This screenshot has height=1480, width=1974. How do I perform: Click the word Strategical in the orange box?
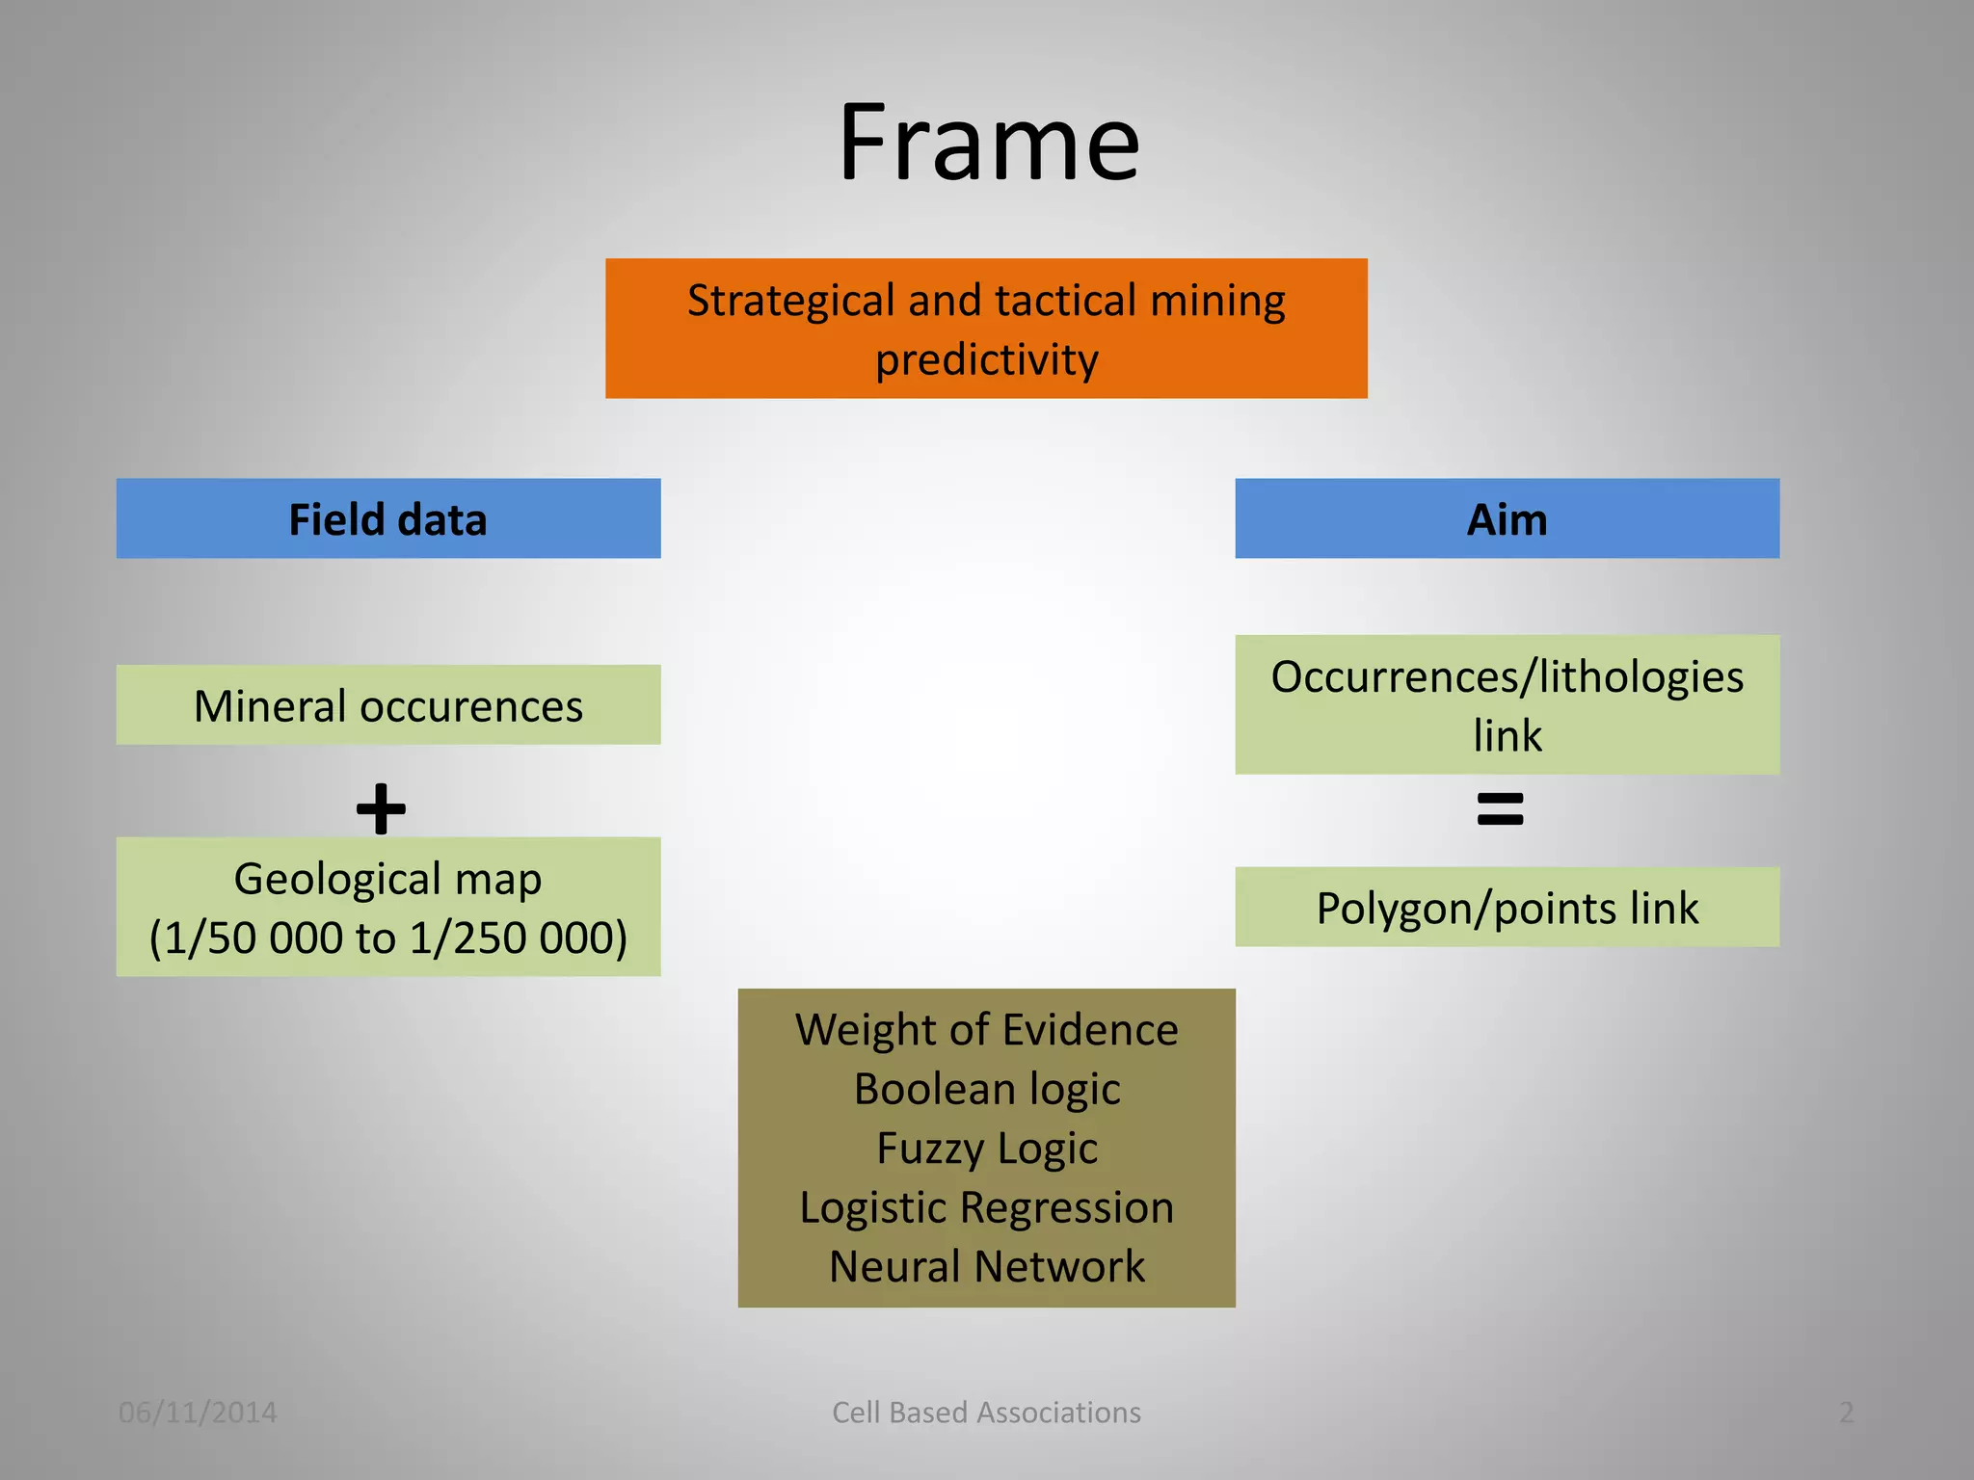click(x=791, y=301)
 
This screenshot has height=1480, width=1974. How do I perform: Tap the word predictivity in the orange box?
click(x=986, y=360)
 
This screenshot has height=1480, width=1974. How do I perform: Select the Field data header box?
click(x=388, y=518)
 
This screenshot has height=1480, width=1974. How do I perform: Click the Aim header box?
click(x=1507, y=518)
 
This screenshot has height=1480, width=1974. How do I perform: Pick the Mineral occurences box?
click(x=388, y=705)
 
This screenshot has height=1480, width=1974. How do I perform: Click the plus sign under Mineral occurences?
click(x=381, y=808)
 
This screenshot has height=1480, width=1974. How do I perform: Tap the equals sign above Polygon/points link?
click(x=1500, y=808)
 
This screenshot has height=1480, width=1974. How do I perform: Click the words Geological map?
click(x=387, y=879)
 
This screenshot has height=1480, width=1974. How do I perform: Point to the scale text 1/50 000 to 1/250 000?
click(x=387, y=938)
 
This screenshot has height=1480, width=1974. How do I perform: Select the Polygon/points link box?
click(x=1507, y=908)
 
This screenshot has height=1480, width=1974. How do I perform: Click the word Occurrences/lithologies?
click(x=1507, y=676)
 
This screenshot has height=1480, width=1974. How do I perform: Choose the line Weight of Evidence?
click(x=986, y=1030)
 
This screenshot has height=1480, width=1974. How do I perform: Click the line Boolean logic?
click(x=986, y=1090)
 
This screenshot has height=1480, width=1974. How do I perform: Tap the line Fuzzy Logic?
click(x=986, y=1149)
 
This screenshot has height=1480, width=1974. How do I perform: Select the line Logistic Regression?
click(x=986, y=1207)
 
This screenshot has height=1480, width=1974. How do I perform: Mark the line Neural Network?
click(x=986, y=1266)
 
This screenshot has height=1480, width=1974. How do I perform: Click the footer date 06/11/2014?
click(x=198, y=1413)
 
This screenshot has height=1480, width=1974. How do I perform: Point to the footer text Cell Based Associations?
click(x=986, y=1413)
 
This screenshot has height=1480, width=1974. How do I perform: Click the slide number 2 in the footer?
click(x=1846, y=1413)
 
